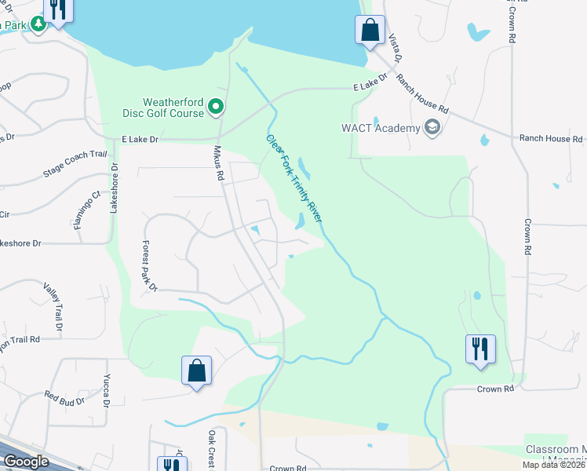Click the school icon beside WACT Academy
point(431,126)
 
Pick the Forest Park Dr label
point(149,265)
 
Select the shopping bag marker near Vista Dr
point(369,31)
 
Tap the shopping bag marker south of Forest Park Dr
point(196,370)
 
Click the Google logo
point(25,462)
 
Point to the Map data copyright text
point(553,465)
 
